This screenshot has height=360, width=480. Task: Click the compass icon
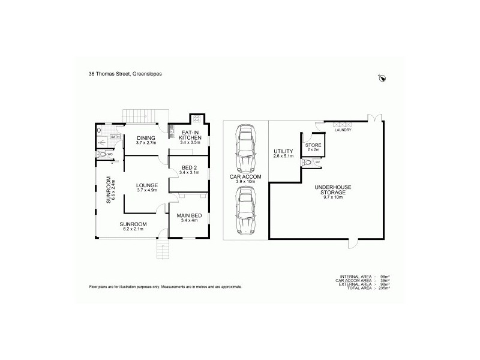pos(383,77)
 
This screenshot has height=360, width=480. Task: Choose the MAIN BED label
pos(188,217)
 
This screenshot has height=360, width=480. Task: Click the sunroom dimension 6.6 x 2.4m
pos(113,190)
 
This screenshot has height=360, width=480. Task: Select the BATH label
pos(115,137)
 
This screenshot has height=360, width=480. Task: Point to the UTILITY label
pos(283,151)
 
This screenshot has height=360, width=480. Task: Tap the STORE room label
pos(313,145)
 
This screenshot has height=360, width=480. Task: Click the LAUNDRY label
pos(344,130)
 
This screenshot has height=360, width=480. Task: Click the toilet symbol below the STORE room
pos(308,162)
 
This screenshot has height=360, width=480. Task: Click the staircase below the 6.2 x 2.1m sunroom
pos(163,247)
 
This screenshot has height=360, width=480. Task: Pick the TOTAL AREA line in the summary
pos(364,289)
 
